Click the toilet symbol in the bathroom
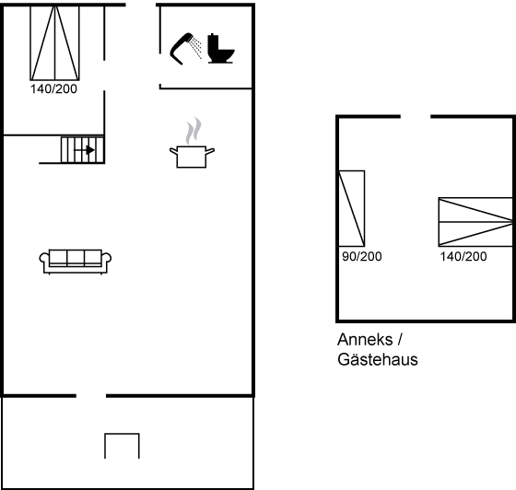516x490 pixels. (221, 48)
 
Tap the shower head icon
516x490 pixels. (185, 48)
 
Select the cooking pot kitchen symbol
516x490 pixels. (192, 157)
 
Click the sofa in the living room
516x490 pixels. (76, 262)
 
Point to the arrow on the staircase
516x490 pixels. (84, 150)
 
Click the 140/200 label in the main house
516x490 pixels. (53, 88)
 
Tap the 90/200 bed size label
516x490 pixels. (361, 256)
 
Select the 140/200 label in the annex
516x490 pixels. (463, 256)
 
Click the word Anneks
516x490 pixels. (365, 339)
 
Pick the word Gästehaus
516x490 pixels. (378, 359)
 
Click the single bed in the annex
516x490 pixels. (352, 208)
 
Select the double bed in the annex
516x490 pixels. (475, 222)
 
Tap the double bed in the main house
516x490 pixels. (54, 42)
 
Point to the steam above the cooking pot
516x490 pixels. (193, 131)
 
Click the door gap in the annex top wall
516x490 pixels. (416, 116)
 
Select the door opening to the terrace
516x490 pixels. (91, 396)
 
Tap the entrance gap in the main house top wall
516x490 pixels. (141, 5)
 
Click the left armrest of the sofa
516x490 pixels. (44, 258)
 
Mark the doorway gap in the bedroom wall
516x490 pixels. (104, 76)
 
